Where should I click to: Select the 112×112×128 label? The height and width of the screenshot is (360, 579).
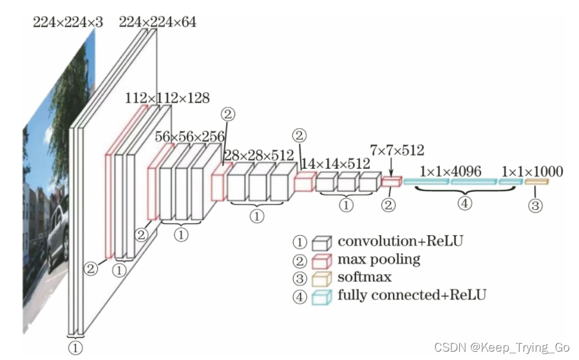(x=167, y=99)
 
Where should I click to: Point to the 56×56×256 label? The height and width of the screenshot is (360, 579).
(x=190, y=137)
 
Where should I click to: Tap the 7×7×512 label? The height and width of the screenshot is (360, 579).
(x=397, y=151)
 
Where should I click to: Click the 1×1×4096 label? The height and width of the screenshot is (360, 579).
(x=450, y=172)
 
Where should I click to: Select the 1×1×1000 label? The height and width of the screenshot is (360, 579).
(x=531, y=172)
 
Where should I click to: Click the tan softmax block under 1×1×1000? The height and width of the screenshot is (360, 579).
(x=535, y=182)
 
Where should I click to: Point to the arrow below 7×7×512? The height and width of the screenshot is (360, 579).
(x=390, y=169)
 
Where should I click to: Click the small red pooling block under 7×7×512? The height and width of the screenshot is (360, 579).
(x=390, y=182)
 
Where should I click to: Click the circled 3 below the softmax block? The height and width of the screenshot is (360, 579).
(x=535, y=206)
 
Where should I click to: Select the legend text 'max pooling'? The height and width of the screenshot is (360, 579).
(x=379, y=260)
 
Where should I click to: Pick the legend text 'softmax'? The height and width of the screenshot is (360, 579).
(x=365, y=278)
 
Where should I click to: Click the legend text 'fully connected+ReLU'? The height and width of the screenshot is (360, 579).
(x=412, y=296)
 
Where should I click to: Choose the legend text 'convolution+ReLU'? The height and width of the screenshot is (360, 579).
(x=400, y=242)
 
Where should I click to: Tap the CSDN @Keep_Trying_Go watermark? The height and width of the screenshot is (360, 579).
(x=502, y=348)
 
